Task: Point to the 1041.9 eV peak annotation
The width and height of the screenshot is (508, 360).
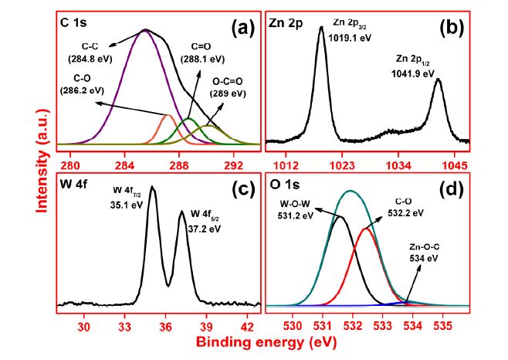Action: pos(415,68)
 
